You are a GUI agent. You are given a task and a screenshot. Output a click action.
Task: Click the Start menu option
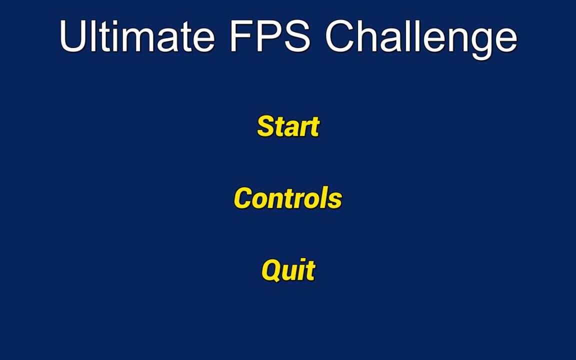tap(288, 126)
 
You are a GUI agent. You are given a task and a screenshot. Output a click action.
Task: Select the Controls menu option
tap(288, 198)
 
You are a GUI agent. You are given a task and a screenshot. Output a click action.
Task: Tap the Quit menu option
tap(288, 270)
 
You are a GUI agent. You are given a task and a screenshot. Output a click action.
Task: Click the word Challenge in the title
tap(421, 37)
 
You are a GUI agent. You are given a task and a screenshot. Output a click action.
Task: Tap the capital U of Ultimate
tap(73, 36)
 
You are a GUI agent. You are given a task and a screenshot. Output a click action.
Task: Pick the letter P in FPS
tap(269, 36)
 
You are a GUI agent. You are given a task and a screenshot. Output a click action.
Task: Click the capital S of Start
tap(266, 126)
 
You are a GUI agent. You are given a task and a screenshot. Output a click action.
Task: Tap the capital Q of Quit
tap(271, 270)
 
